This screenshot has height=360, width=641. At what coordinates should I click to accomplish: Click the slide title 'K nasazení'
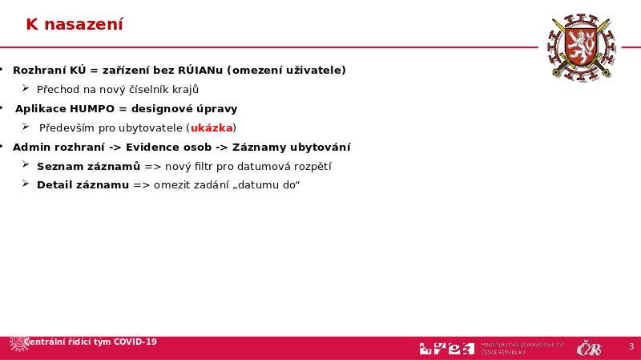(74, 25)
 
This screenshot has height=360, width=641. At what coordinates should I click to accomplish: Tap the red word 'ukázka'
(212, 128)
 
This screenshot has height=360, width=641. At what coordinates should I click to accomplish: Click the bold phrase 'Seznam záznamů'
(88, 167)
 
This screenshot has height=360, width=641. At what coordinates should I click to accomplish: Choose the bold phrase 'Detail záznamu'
(83, 186)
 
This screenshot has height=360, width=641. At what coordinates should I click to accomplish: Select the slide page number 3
(631, 347)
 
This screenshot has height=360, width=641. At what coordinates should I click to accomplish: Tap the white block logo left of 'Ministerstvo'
(445, 348)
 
